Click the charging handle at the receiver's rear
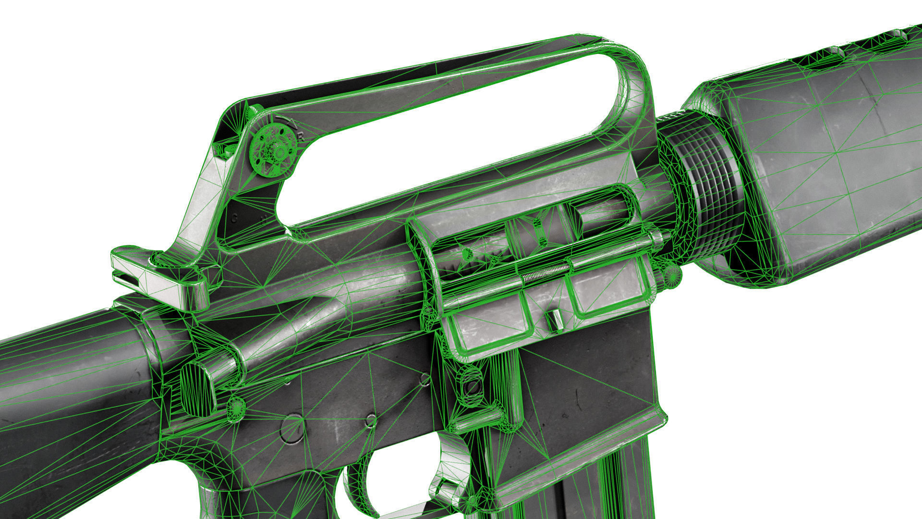158,279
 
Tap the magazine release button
473,384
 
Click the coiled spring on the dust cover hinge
546,275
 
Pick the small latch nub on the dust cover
554,320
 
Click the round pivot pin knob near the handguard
672,275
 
